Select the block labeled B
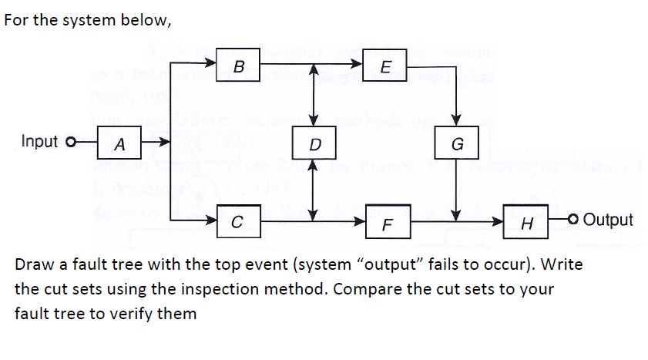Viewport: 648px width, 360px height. point(238,66)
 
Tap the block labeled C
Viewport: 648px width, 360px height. point(238,220)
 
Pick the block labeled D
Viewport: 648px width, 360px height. point(313,143)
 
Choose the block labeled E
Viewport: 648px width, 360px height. point(385,66)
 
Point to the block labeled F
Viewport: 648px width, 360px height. point(388,224)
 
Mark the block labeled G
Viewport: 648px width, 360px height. point(458,143)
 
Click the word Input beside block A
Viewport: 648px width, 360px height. point(40,141)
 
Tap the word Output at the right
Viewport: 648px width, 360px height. point(608,220)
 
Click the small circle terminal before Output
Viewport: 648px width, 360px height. point(574,220)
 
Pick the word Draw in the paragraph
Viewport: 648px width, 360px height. point(33,264)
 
